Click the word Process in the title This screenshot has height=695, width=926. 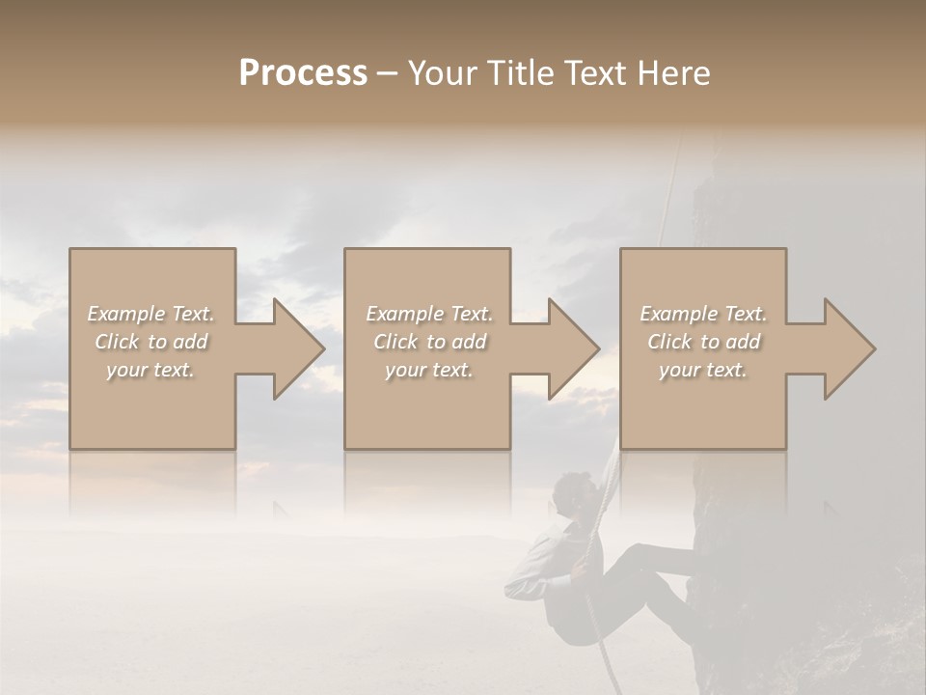[x=303, y=73]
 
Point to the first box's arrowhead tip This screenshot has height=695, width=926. [x=322, y=348]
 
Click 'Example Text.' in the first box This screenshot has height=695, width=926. [x=151, y=314]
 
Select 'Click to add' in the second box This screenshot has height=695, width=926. [x=429, y=342]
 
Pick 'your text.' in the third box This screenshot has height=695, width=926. [x=703, y=370]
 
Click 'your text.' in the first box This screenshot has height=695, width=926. [x=151, y=370]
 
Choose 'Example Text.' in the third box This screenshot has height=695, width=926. [x=703, y=314]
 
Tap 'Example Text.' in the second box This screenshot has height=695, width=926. [x=429, y=314]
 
